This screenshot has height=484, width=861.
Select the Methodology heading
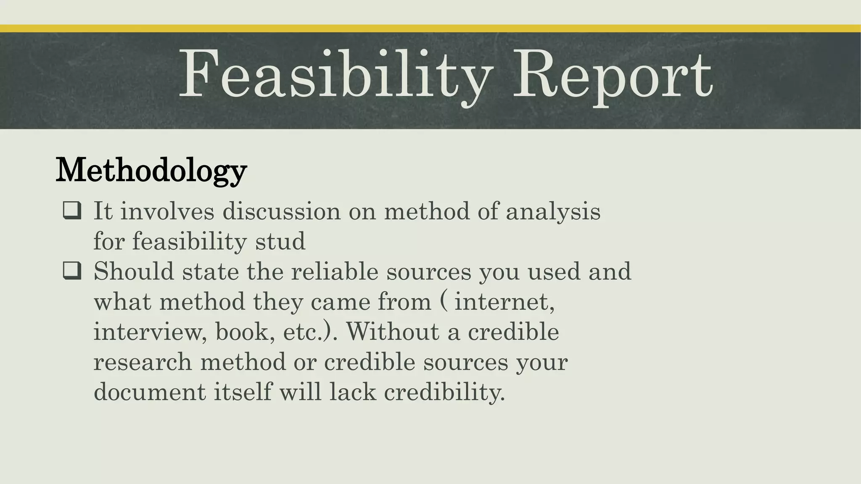coord(151,170)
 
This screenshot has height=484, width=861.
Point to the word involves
coord(167,211)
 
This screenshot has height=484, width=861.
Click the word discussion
coord(281,211)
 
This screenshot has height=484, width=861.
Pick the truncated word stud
coord(280,241)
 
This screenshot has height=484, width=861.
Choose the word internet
coord(504,302)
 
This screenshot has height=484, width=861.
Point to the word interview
coord(150,332)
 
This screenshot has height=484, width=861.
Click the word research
coord(143,362)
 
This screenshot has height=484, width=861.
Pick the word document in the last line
coord(150,392)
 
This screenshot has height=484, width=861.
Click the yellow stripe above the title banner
coord(430,28)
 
